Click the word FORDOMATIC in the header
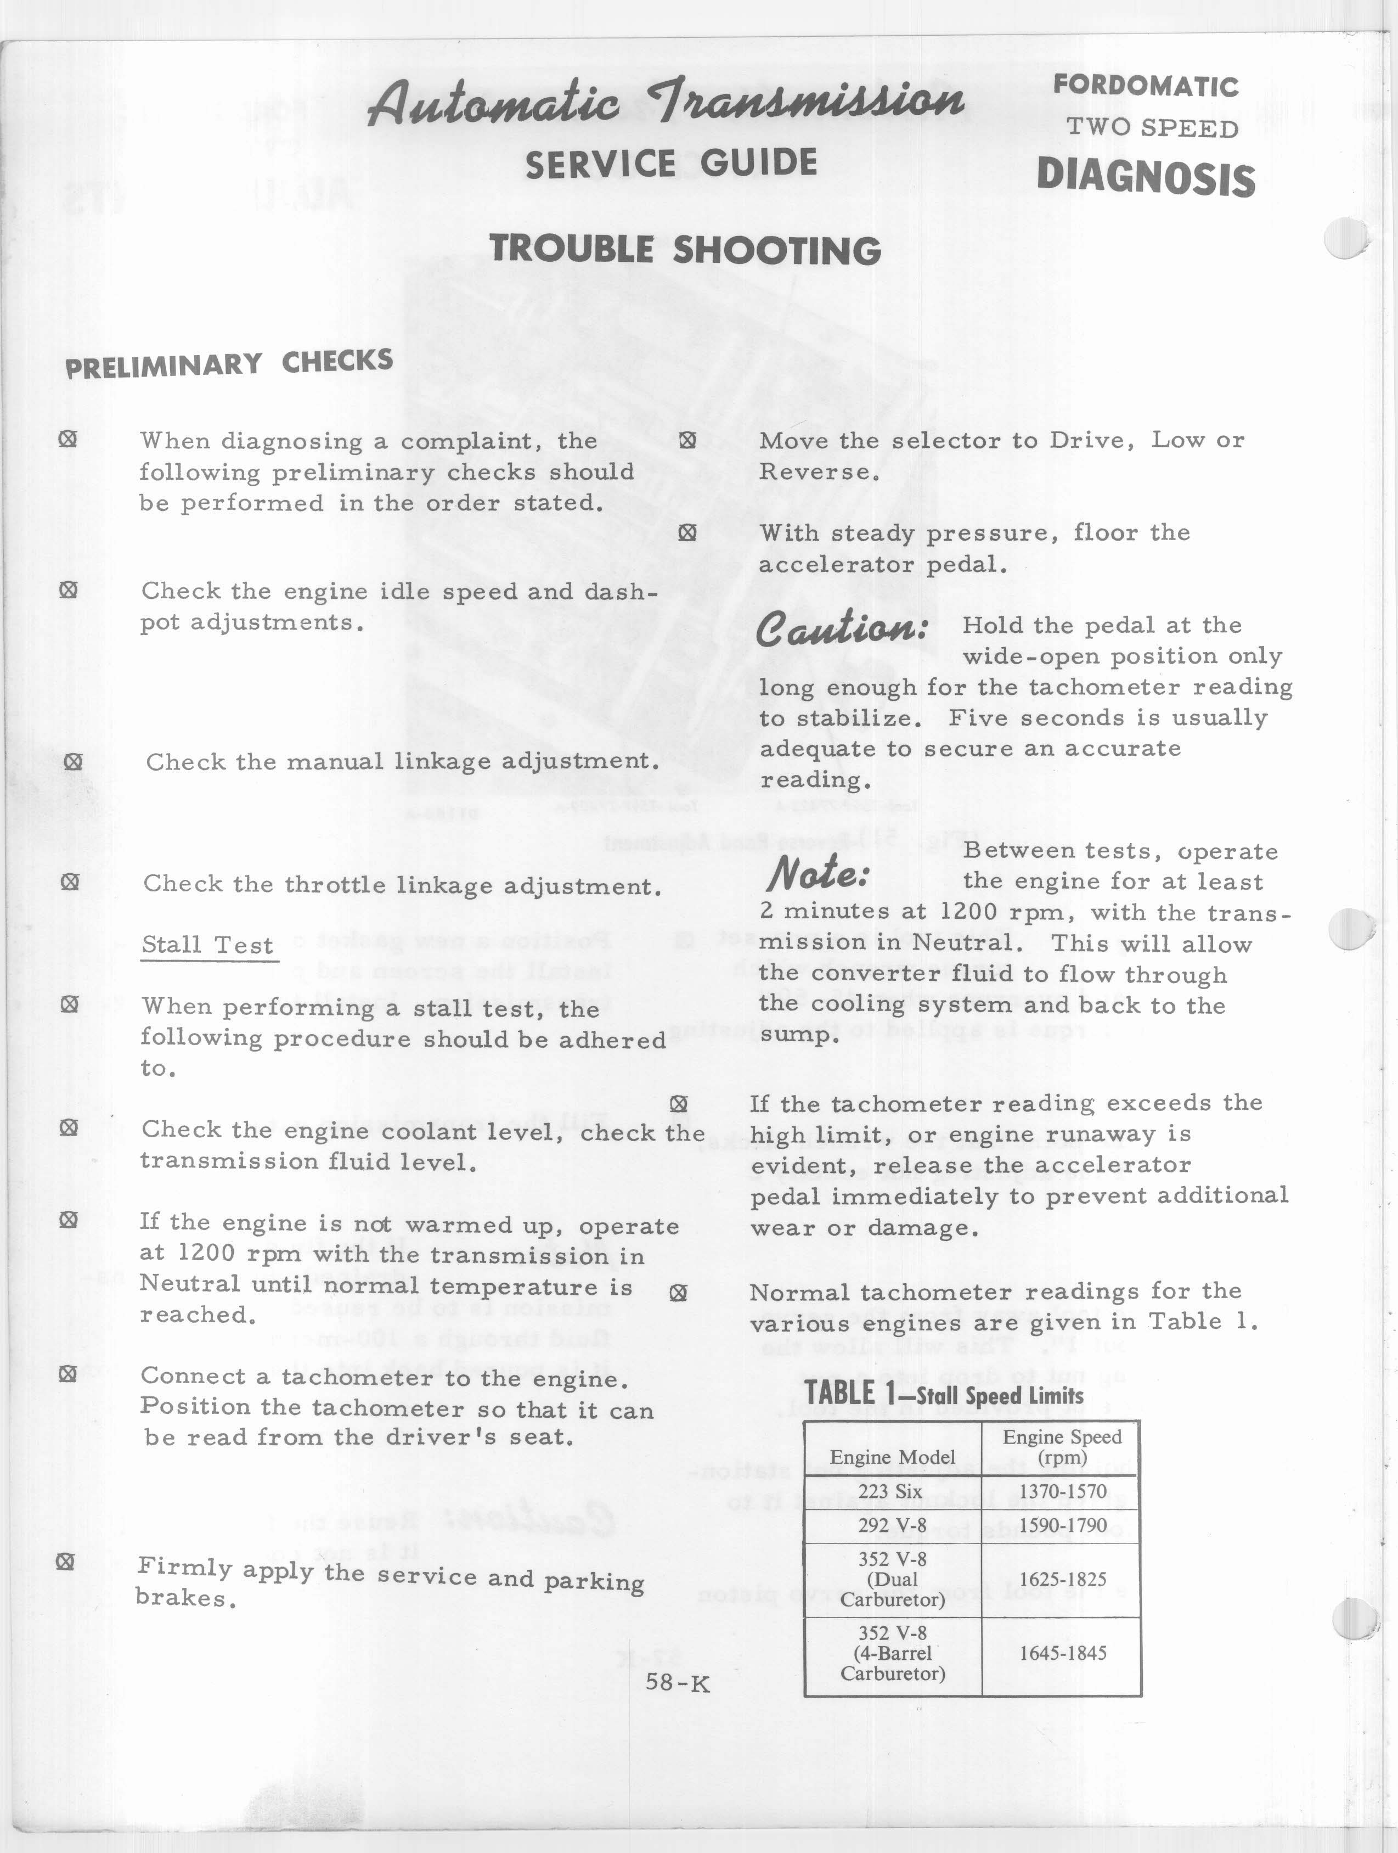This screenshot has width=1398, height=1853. click(x=1145, y=86)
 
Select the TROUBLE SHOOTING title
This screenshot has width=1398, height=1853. click(x=685, y=250)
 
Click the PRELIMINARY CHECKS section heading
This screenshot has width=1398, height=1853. click(x=229, y=363)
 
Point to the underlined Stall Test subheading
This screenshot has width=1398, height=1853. click(x=208, y=945)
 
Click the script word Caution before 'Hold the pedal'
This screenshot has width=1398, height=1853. click(x=842, y=629)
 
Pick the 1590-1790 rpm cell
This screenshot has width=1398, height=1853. click(x=1062, y=1525)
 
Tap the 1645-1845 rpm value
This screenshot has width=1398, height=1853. click(x=1062, y=1653)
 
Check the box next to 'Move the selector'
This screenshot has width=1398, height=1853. click(x=687, y=440)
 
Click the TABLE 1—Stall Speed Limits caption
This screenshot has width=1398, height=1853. click(x=944, y=1394)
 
